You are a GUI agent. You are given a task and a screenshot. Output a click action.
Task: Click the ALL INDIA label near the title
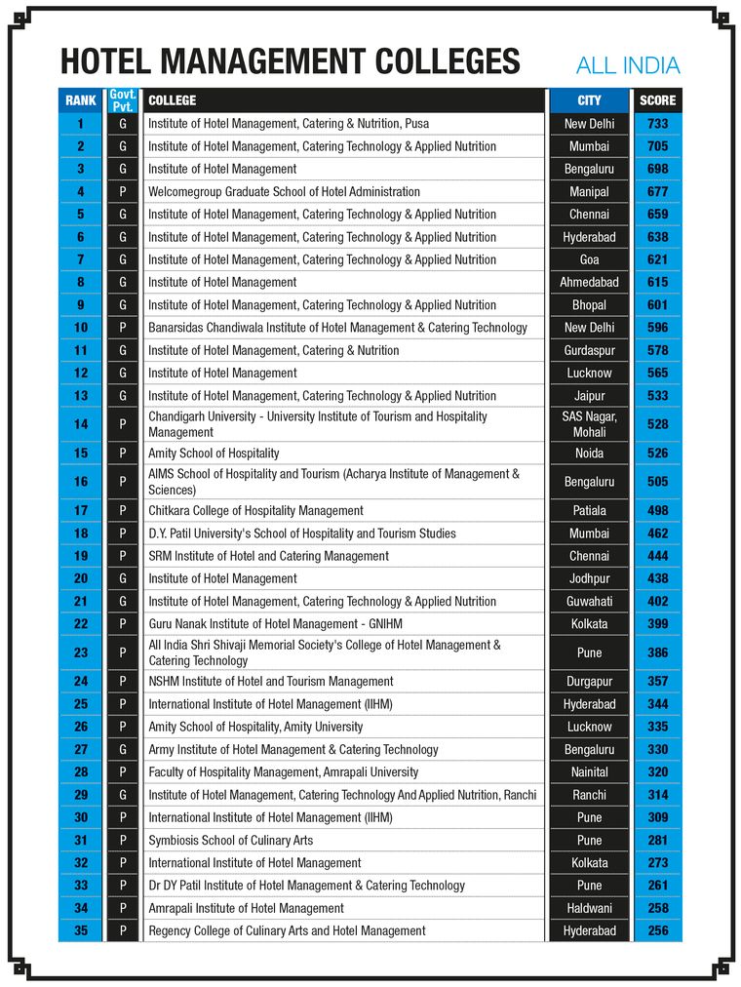(x=627, y=66)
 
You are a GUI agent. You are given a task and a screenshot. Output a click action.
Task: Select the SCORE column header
(x=657, y=100)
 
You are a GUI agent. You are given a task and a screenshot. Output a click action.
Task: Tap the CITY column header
(x=589, y=100)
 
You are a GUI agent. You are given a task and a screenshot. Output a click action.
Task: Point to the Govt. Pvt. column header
(x=123, y=100)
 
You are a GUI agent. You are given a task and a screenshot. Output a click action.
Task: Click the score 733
(x=657, y=124)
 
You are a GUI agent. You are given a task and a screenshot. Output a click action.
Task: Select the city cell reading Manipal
(x=589, y=192)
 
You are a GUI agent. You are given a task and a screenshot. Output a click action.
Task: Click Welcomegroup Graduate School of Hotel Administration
(x=284, y=192)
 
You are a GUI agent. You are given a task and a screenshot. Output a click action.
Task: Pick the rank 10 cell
(x=81, y=328)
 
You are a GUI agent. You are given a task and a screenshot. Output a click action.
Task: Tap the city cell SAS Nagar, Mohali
(x=589, y=424)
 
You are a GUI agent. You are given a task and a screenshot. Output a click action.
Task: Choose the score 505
(x=657, y=482)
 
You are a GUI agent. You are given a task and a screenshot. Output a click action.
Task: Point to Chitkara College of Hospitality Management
(x=255, y=511)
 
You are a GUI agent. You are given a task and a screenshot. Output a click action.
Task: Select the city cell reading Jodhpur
(x=589, y=578)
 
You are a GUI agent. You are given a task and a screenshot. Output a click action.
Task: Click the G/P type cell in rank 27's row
(x=123, y=750)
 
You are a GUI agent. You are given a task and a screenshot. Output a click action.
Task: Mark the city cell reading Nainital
(x=589, y=772)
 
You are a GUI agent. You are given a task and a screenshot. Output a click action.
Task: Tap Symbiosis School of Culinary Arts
(x=230, y=841)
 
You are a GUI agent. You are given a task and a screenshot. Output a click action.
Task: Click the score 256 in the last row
(x=657, y=931)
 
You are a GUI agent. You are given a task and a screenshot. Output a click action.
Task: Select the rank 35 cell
(x=81, y=931)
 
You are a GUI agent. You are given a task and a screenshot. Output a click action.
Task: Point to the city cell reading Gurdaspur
(x=589, y=350)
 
